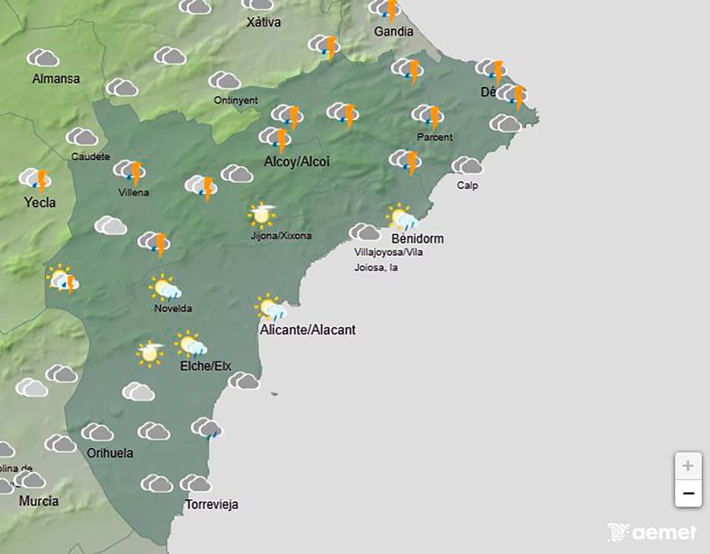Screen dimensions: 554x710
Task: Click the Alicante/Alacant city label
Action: coord(308,330)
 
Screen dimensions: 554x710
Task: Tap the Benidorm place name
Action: coord(417,238)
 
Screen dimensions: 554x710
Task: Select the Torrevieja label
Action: coord(212,505)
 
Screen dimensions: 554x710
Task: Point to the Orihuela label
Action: coord(110,453)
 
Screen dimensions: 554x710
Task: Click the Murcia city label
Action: coord(39,501)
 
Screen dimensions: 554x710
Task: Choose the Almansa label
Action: coord(56,79)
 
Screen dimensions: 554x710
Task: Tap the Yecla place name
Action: coord(40,202)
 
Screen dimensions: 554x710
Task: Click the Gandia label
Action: coord(394,31)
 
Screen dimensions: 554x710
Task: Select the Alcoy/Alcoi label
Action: coord(296,161)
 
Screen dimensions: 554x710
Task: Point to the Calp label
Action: coord(467,185)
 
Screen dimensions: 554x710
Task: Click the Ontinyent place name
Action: coord(236,100)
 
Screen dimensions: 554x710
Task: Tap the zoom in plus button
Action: coord(688,466)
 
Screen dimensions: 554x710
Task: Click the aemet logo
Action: coord(651,532)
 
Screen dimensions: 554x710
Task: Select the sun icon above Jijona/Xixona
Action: coord(262,215)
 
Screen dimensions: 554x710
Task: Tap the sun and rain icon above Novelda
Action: coord(165,288)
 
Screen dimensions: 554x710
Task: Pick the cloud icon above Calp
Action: coord(467,166)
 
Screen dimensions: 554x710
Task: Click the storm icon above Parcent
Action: coord(428,116)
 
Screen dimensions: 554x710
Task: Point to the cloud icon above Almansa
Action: coord(43,58)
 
